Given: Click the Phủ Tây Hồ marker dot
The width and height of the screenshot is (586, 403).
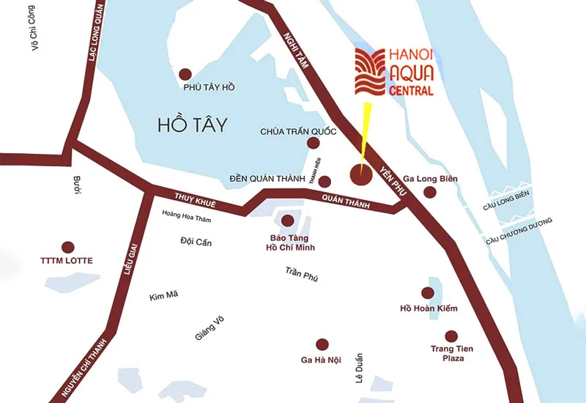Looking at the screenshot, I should pyautogui.click(x=185, y=73).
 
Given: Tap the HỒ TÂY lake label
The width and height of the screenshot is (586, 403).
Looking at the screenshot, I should pyautogui.click(x=192, y=125).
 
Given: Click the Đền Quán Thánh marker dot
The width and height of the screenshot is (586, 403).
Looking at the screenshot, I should pyautogui.click(x=324, y=182).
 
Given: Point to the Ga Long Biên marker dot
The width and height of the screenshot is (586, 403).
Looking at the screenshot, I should pyautogui.click(x=429, y=192).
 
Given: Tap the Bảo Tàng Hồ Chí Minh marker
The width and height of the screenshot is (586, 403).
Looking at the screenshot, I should pyautogui.click(x=288, y=220).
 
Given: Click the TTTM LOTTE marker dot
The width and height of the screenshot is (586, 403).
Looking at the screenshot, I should pyautogui.click(x=68, y=247).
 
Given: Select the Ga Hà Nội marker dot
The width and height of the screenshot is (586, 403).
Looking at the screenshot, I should pyautogui.click(x=321, y=344).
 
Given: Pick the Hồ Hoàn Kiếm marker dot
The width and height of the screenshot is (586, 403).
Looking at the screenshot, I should pyautogui.click(x=429, y=291).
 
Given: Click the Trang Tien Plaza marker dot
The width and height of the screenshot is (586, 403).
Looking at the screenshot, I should pyautogui.click(x=450, y=335).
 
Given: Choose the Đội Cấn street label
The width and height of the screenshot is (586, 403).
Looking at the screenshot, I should pyautogui.click(x=195, y=242).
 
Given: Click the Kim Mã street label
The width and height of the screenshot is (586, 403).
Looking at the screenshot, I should pyautogui.click(x=163, y=295).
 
